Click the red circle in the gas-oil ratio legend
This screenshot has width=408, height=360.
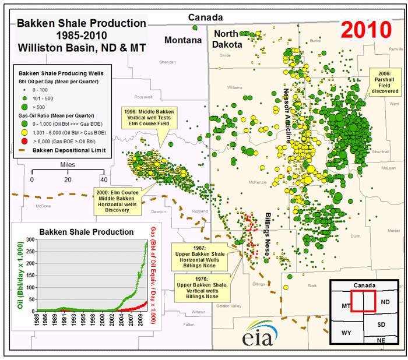coord(24,141)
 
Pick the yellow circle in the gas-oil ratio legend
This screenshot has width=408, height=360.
coord(24,132)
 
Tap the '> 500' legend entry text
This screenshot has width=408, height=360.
coord(40,107)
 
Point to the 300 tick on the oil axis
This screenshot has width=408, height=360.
coord(29,240)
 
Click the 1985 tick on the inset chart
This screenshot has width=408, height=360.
coord(37,321)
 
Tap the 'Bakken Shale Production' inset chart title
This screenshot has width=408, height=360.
coord(86,231)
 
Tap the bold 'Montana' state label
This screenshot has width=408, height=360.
coord(183,40)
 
